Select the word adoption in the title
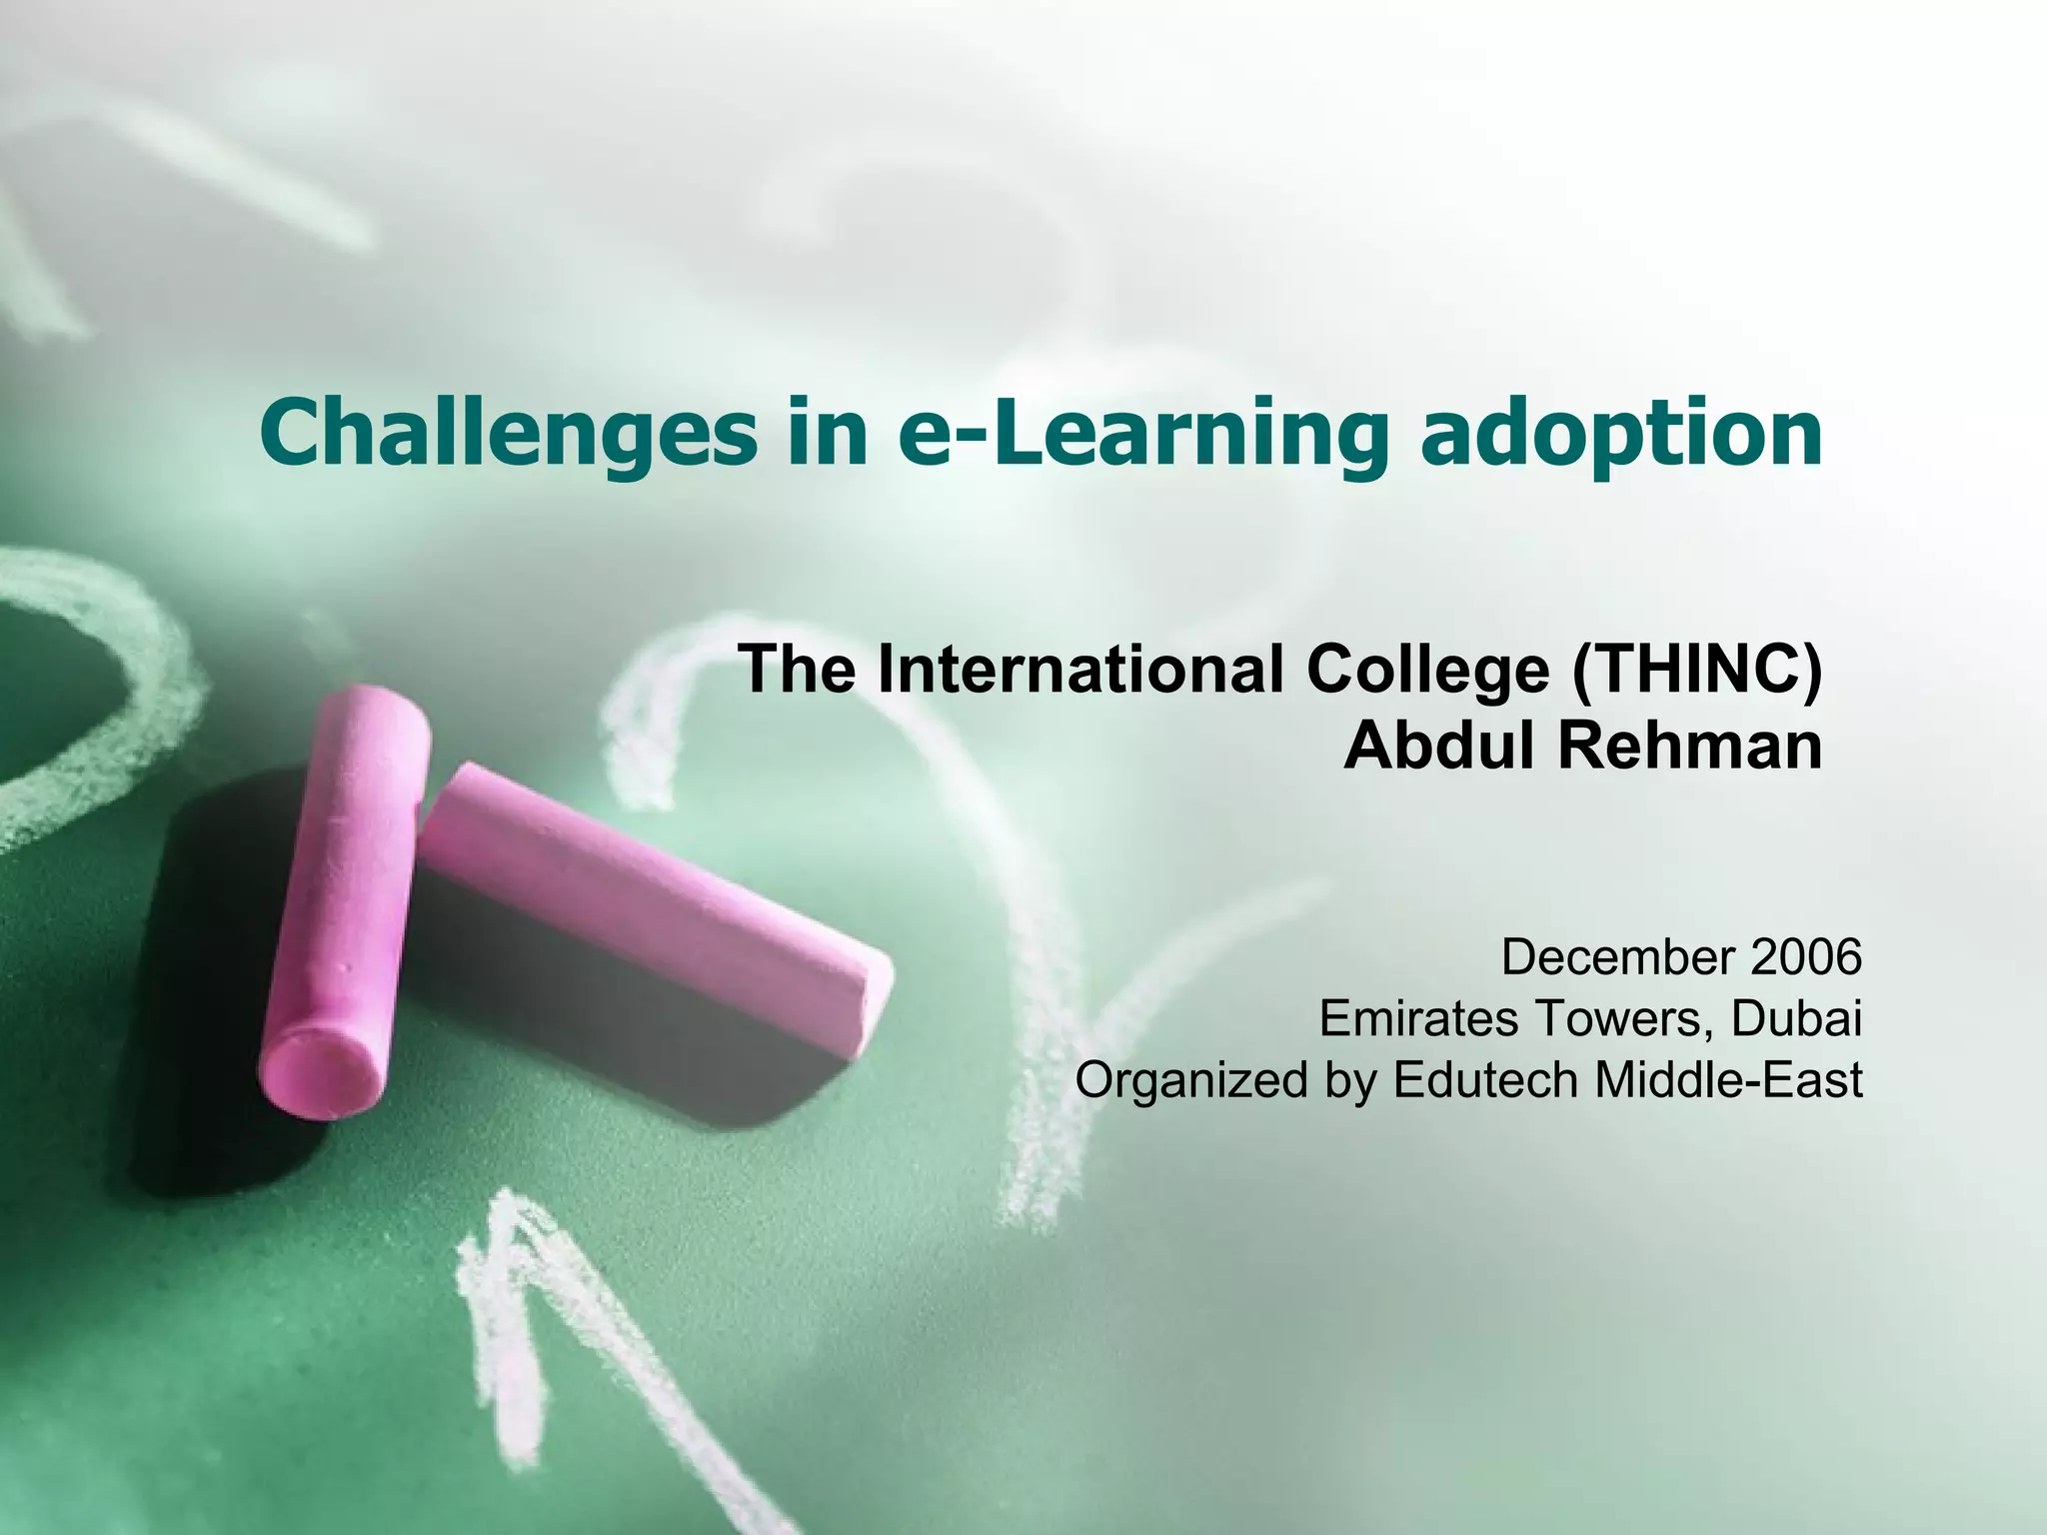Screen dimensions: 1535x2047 pyautogui.click(x=1620, y=432)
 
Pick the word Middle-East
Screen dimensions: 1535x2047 pyautogui.click(x=1729, y=1080)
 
